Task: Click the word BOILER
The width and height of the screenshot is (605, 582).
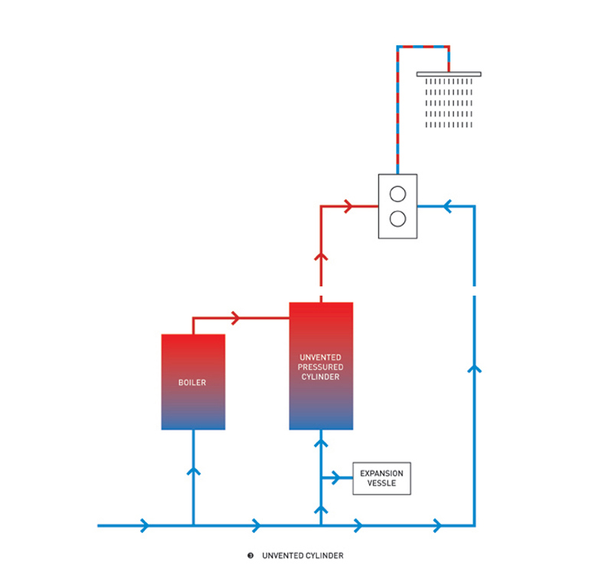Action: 192,382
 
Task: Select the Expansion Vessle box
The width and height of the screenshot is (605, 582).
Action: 381,479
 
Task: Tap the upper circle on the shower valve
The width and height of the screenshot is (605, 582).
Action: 397,191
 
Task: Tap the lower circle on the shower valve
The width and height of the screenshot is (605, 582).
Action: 397,219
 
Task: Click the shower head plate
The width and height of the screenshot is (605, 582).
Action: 449,74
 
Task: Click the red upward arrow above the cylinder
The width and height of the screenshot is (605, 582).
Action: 321,257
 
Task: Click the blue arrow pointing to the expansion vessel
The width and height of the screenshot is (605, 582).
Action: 335,479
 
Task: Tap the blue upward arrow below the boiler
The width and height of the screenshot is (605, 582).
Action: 193,470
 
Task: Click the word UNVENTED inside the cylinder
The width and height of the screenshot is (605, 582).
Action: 321,358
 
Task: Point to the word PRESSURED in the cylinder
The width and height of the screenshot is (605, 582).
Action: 321,367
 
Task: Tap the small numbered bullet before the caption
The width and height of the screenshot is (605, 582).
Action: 250,556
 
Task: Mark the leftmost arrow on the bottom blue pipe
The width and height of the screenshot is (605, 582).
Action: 145,526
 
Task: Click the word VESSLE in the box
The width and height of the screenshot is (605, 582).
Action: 381,484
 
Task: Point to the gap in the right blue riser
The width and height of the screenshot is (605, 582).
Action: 475,290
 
